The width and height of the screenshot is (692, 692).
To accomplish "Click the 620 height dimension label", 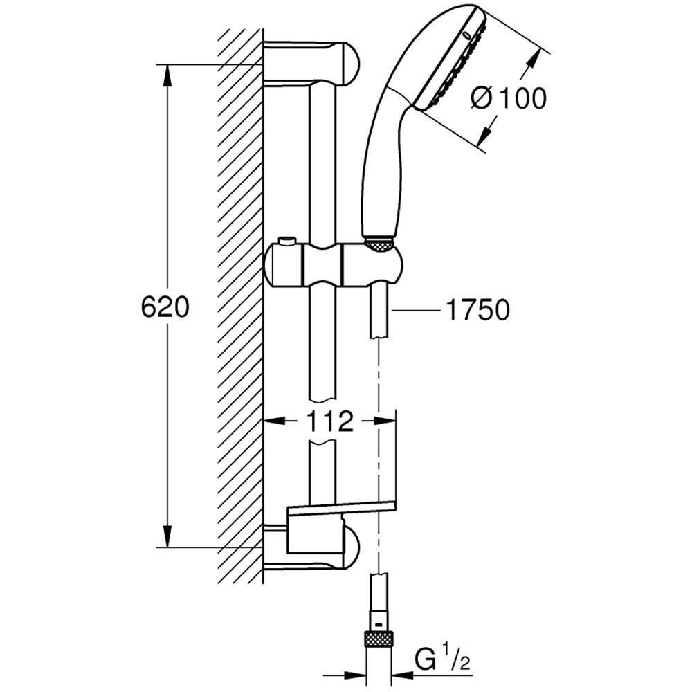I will pos(165,307).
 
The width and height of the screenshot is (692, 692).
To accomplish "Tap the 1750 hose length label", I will pos(477,311).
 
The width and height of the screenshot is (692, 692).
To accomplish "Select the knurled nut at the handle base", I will pos(379,244).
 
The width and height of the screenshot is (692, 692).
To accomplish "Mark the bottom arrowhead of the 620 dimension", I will pos(167,537).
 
